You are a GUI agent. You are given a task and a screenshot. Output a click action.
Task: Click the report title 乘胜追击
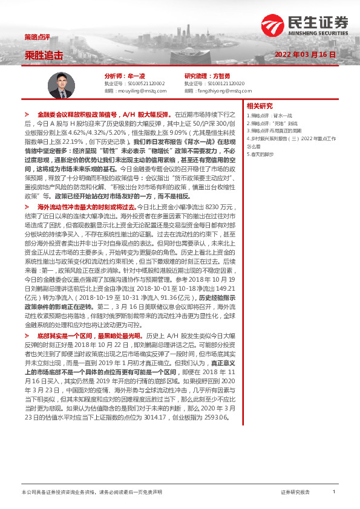coord(44,55)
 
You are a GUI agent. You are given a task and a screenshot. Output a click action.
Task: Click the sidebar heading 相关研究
coord(260,106)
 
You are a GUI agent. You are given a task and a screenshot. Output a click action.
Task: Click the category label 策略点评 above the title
coord(34,37)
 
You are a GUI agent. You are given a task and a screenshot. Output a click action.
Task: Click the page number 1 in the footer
coord(333,491)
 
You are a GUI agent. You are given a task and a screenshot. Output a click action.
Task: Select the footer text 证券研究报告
coord(295,492)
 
